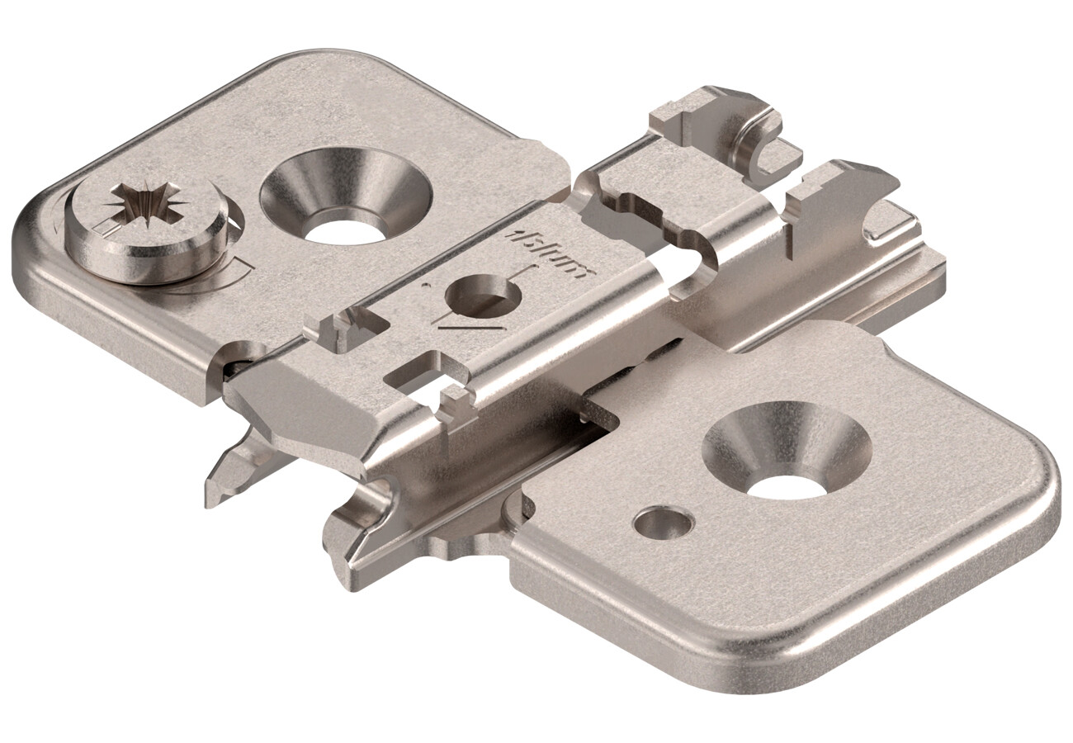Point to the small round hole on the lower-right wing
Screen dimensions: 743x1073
(x=663, y=522)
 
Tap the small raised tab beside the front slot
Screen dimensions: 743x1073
(x=454, y=405)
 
